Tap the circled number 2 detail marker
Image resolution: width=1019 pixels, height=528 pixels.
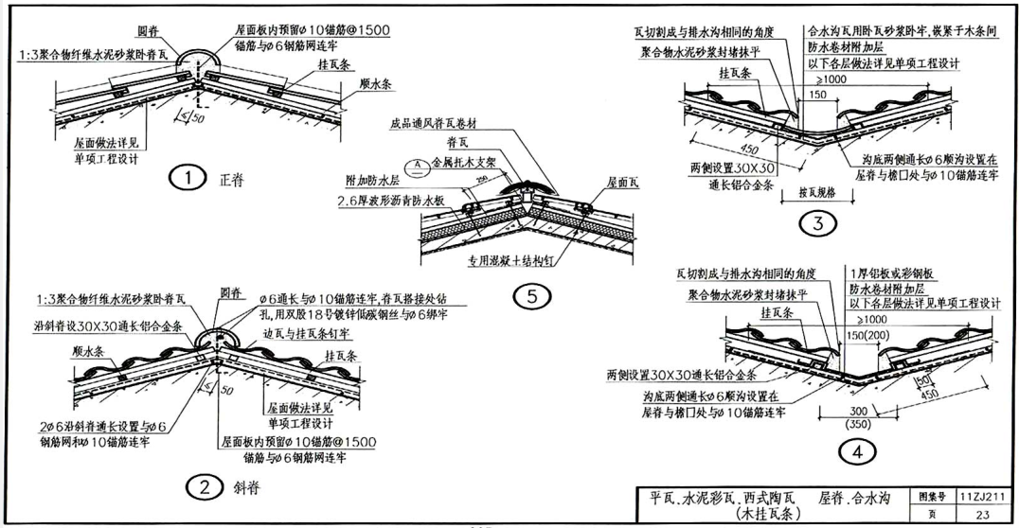[x=203, y=488]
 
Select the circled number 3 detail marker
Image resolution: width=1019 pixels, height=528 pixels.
[x=812, y=224]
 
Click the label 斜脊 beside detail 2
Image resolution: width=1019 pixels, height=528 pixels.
[x=243, y=488]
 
